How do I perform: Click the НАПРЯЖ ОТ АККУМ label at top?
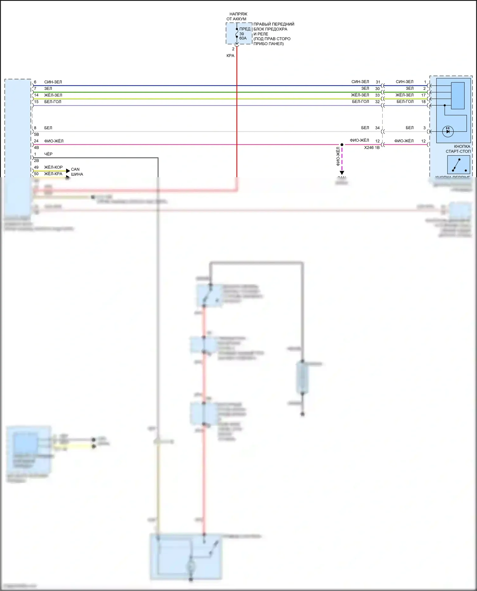pos(237,17)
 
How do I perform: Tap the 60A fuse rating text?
pos(243,38)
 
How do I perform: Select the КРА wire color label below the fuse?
pos(230,56)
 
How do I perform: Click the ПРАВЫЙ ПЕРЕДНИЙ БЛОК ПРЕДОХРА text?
pos(273,27)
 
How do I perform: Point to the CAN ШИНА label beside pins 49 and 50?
pos(77,172)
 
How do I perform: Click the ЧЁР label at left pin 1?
pos(48,154)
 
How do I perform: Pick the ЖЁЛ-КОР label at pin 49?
pos(53,167)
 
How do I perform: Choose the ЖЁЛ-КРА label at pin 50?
pos(53,174)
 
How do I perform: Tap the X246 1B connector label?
pos(372,148)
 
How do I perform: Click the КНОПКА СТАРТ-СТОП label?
pos(459,149)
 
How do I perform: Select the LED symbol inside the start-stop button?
pos(448,131)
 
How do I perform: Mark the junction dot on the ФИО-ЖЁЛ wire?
pos(342,144)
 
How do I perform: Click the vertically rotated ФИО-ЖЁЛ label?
pos(338,156)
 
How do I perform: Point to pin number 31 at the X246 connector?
pos(378,82)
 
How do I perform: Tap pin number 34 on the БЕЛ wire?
pos(377,128)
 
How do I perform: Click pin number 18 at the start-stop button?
pos(423,102)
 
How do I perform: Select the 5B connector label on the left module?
pos(37,134)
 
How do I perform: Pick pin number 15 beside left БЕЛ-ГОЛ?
pos(36,102)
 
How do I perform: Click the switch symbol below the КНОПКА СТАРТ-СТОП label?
pos(459,165)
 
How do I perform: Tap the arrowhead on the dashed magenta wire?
pos(342,173)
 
